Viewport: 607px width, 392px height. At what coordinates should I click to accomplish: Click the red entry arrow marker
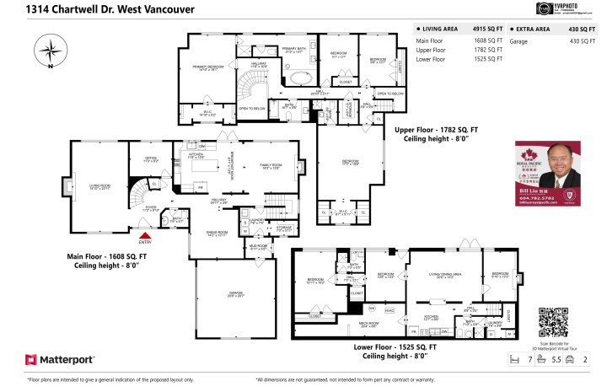pyautogui.click(x=145, y=238)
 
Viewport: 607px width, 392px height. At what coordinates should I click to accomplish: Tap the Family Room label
pyautogui.click(x=271, y=166)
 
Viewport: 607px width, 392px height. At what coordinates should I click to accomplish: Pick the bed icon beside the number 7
pyautogui.click(x=515, y=359)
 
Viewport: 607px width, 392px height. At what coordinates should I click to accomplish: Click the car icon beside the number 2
pyautogui.click(x=570, y=359)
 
